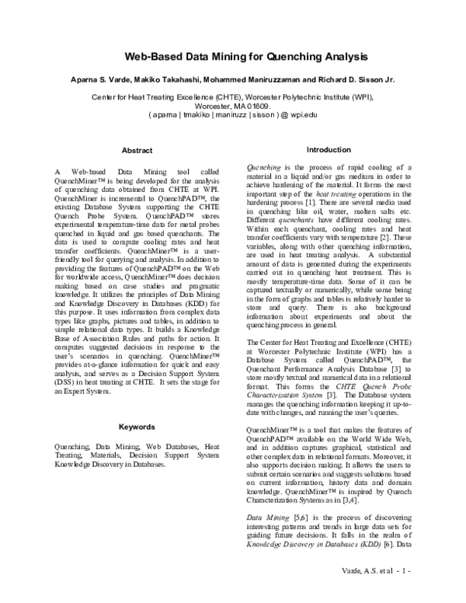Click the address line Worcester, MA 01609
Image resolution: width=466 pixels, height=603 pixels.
point(233,105)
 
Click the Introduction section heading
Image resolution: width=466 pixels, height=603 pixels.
point(329,149)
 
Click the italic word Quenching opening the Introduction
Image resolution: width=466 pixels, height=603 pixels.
point(263,167)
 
